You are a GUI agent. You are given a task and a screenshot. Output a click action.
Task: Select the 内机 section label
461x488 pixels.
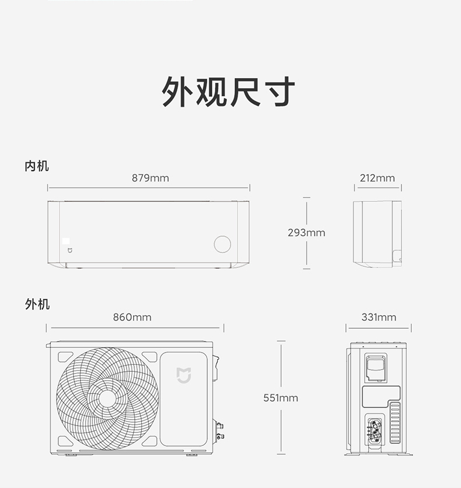point(37,166)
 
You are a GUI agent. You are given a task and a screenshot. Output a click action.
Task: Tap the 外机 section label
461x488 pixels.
point(37,304)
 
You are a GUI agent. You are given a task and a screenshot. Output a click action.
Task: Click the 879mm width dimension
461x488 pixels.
point(150,177)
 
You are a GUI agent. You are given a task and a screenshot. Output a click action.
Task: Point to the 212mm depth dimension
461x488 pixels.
point(377,177)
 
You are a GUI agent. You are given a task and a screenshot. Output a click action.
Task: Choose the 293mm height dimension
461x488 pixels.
point(306,233)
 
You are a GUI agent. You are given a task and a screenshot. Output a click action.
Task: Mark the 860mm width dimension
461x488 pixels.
point(132,317)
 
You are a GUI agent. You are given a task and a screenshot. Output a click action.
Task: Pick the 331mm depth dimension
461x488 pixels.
point(378,317)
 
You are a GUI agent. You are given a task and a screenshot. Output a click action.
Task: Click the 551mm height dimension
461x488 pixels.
point(281,398)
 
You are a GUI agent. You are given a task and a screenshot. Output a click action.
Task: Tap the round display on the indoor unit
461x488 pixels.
point(222,244)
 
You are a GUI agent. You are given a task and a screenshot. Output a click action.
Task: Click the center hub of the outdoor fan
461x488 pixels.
point(107,398)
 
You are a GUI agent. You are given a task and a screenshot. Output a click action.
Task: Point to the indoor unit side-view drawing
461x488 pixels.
point(378,234)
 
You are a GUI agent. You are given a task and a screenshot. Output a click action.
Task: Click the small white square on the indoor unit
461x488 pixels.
point(67,240)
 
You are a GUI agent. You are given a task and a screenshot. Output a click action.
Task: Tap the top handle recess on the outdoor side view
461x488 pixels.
point(375,365)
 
